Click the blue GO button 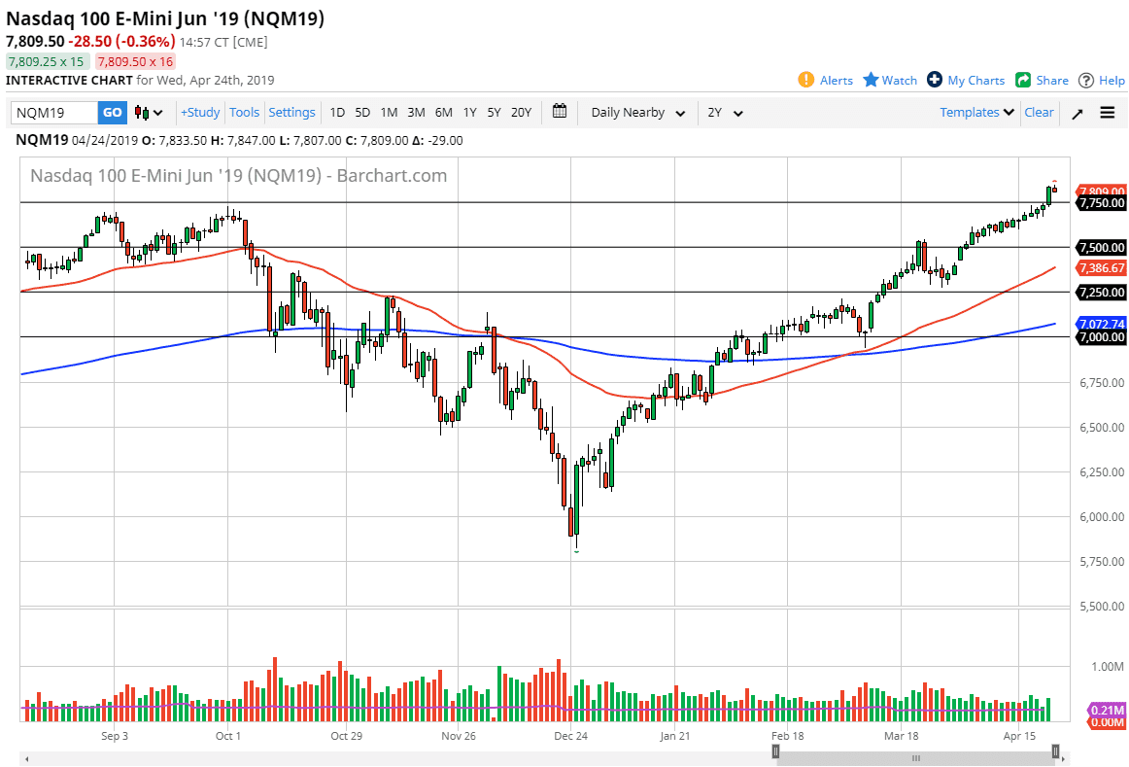point(113,113)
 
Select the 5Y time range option point(494,113)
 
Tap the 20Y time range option point(521,113)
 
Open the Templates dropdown point(976,113)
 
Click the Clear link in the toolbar point(1039,113)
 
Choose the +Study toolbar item point(200,113)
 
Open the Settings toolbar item point(291,113)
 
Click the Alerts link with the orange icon point(826,81)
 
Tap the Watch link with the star point(890,81)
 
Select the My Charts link point(966,81)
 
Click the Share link point(1042,81)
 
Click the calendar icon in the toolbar point(560,112)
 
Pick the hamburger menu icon point(1107,113)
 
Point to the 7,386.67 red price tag point(1101,268)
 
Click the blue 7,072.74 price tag point(1101,324)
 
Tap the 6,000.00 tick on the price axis point(1102,517)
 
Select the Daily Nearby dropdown point(637,113)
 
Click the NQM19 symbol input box point(54,113)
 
